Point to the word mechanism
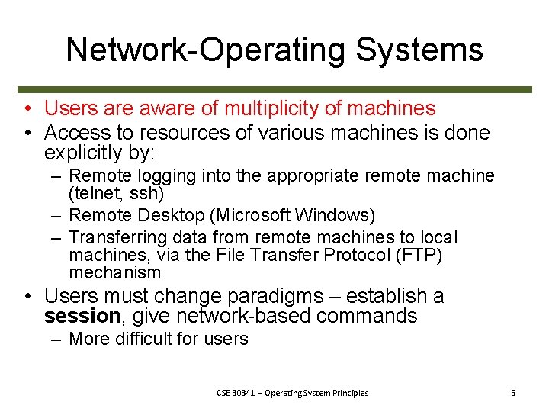pos(115,272)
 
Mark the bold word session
pos(82,316)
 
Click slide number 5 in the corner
pos(513,393)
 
